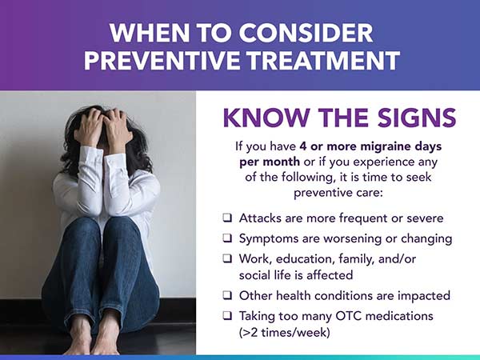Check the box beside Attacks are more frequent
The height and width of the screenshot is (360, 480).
(x=227, y=218)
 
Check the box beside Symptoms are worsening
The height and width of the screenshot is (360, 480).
(x=227, y=238)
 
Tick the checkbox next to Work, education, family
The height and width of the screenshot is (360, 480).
(x=227, y=258)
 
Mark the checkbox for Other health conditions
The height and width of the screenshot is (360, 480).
(x=227, y=295)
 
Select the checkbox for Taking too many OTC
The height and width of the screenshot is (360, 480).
(x=227, y=316)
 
